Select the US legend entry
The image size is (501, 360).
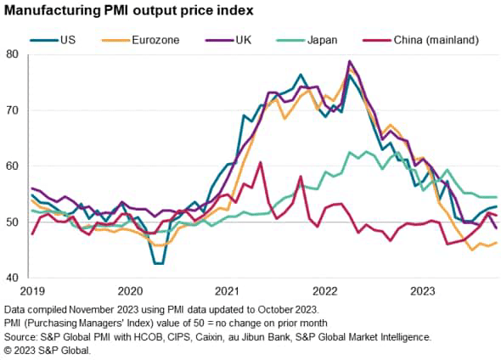tap(69, 38)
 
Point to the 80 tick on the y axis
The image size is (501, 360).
tap(11, 54)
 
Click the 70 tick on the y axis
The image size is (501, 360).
tap(11, 110)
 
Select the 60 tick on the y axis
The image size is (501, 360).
tap(11, 166)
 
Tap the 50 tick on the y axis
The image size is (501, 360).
tap(11, 222)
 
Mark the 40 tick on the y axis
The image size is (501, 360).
tap(11, 278)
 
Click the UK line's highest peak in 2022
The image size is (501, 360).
tap(350, 61)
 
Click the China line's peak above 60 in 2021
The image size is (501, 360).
tap(260, 162)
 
